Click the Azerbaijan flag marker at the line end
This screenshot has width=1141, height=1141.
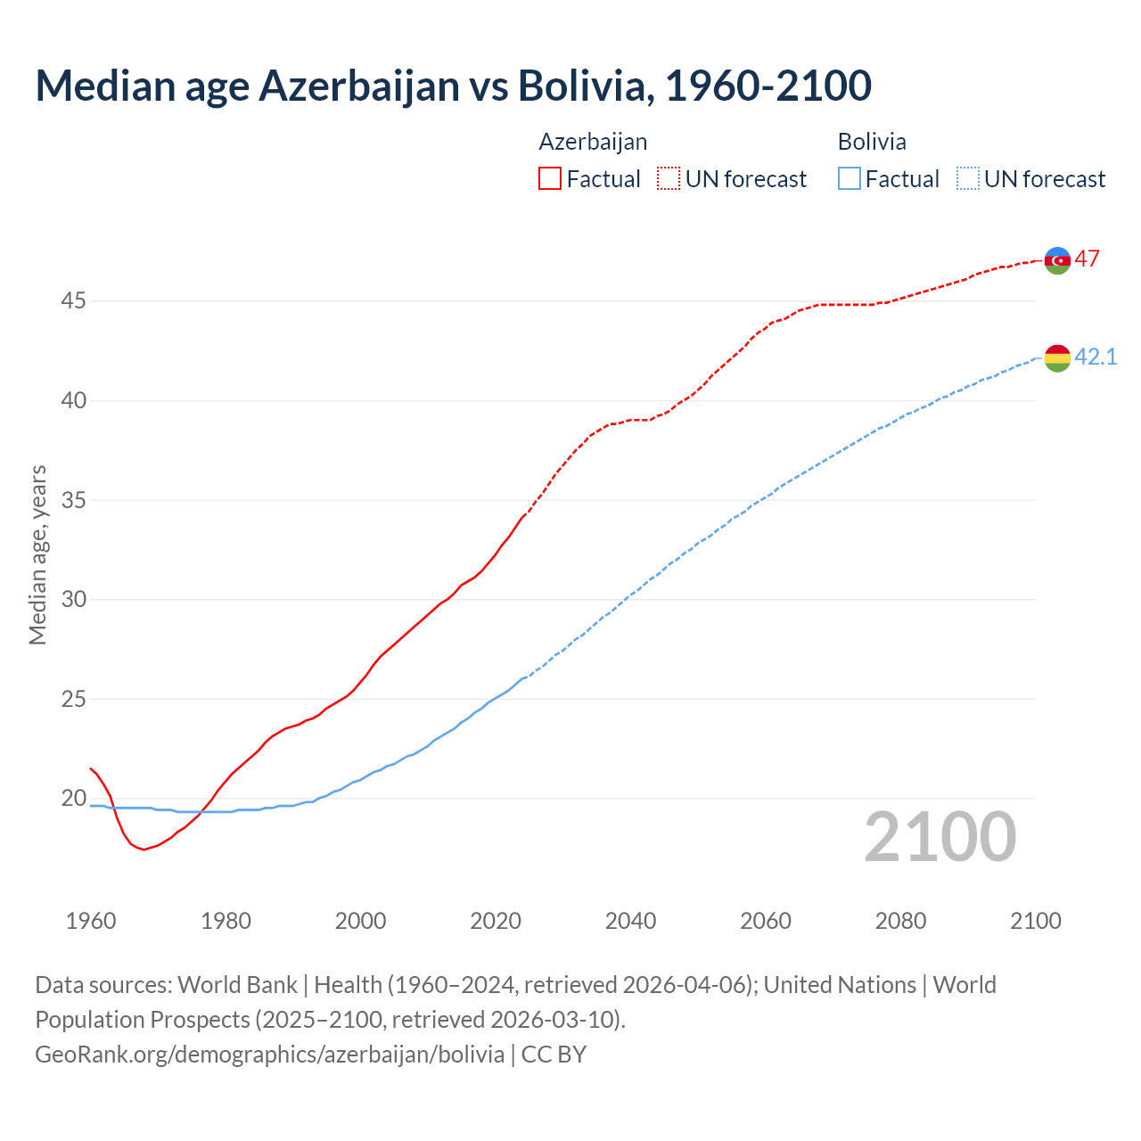(1057, 260)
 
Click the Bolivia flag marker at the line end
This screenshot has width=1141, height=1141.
(1057, 358)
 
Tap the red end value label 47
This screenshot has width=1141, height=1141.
(1087, 259)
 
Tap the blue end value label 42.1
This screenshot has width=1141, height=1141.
(1096, 357)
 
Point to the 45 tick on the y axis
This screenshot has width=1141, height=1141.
(73, 301)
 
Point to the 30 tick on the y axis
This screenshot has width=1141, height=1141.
(73, 600)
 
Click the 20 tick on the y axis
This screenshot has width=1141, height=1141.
(73, 799)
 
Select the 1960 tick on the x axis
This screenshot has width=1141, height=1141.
(91, 921)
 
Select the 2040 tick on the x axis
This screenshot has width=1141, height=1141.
(630, 921)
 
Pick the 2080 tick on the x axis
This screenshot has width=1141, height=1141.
(900, 921)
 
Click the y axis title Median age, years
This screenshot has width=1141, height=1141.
(37, 554)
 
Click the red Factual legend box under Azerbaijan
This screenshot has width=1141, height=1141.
(550, 178)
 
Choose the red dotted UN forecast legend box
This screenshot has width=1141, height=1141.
(669, 178)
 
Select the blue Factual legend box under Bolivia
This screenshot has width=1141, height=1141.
(850, 178)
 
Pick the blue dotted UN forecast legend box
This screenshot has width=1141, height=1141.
(968, 178)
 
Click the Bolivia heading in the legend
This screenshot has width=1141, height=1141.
(872, 142)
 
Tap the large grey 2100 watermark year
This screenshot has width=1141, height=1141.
(940, 837)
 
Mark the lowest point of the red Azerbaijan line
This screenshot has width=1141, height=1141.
(144, 850)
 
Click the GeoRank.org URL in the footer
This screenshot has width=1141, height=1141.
(269, 1055)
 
